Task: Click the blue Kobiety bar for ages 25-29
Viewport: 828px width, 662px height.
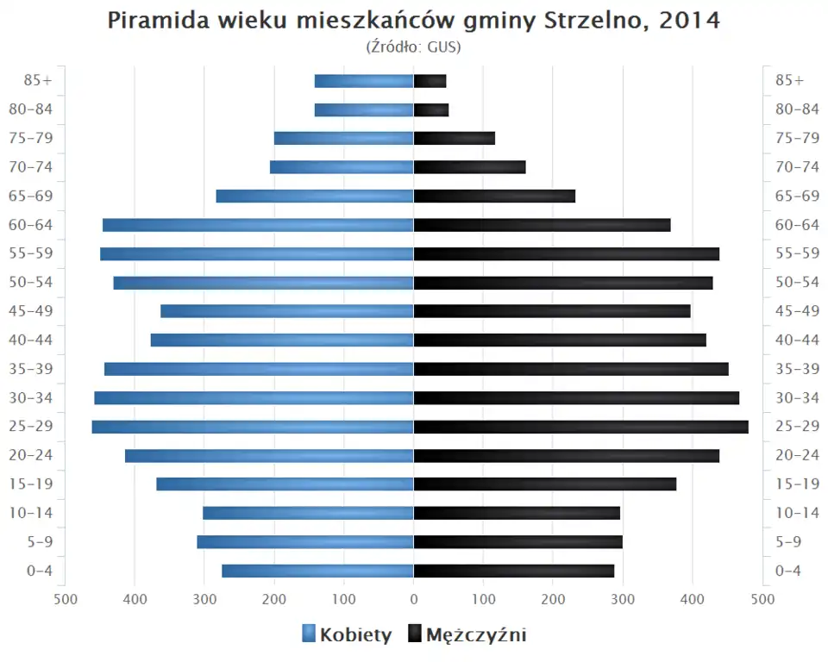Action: (253, 427)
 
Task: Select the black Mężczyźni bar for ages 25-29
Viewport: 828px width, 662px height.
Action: (580, 427)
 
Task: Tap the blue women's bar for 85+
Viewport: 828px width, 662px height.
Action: (364, 81)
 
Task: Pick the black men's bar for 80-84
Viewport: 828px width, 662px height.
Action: (431, 109)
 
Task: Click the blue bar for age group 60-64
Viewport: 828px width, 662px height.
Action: (258, 225)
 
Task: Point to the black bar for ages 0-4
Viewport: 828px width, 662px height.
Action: (514, 571)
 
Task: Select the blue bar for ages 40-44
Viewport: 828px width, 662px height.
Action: (282, 340)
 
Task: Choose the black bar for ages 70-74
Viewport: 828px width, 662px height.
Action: (469, 167)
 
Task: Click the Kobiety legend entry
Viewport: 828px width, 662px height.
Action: (347, 635)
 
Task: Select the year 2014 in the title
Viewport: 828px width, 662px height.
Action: (689, 21)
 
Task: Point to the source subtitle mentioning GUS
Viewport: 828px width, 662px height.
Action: (414, 47)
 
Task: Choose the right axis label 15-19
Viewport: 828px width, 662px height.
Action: (797, 484)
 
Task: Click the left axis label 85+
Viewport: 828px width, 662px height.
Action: (38, 80)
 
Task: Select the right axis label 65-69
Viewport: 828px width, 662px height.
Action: (797, 196)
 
